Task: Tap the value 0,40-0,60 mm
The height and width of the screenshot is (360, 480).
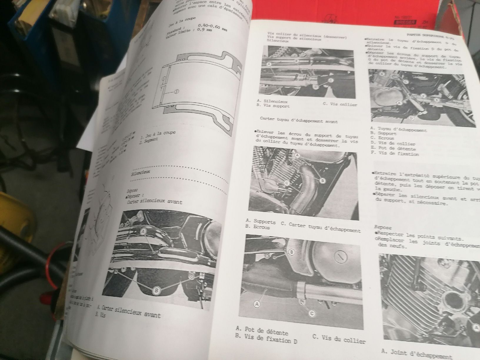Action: (x=212, y=29)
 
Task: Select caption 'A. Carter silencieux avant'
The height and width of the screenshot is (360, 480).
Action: (x=129, y=312)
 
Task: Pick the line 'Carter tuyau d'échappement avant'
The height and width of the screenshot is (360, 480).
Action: (x=299, y=121)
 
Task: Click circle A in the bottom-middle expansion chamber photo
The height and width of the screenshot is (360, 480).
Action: (x=257, y=304)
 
